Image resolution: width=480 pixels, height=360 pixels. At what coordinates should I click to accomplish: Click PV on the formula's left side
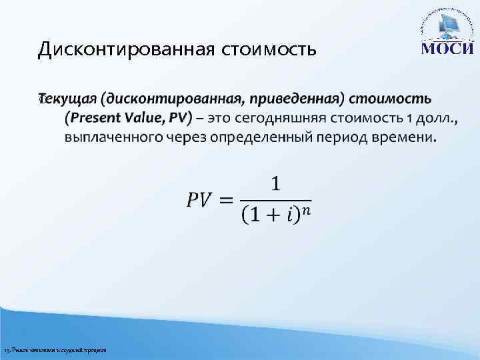pyautogui.click(x=199, y=199)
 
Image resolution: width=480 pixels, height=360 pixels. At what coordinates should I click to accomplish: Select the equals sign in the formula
pyautogui.click(x=227, y=199)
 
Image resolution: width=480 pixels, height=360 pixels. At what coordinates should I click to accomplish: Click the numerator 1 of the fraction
pyautogui.click(x=275, y=183)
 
